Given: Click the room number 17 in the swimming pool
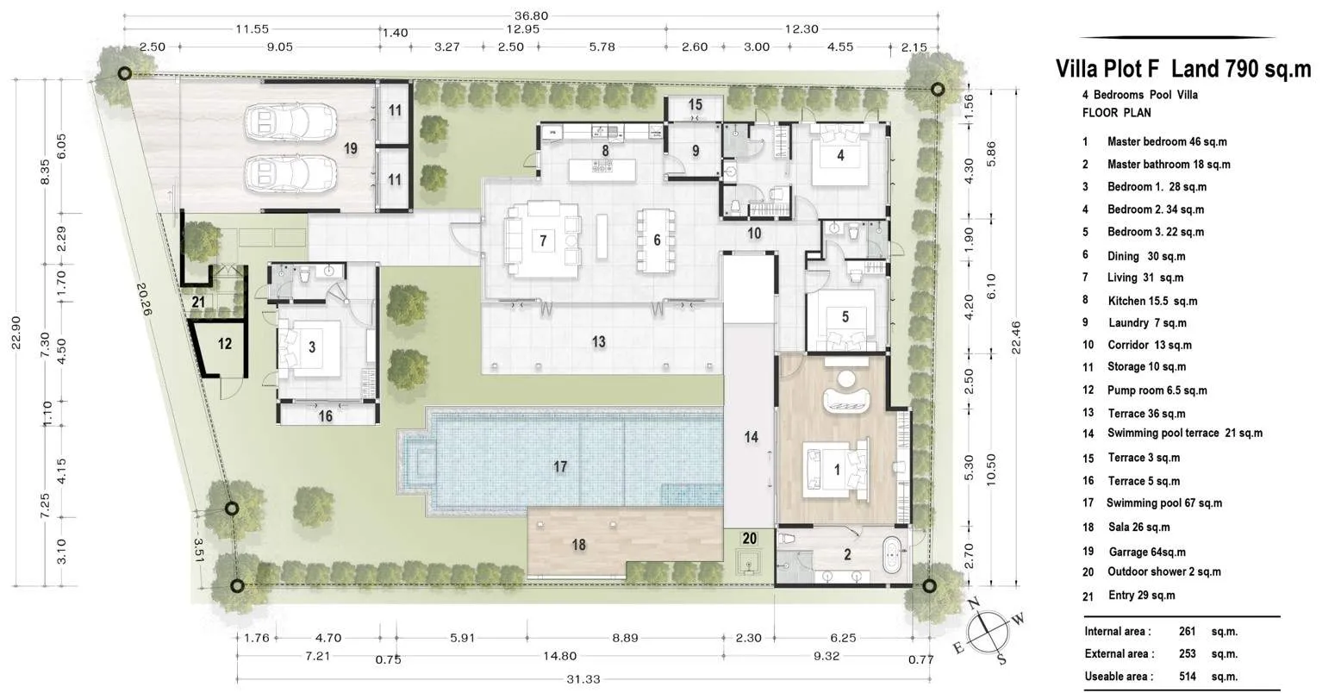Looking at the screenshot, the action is (x=560, y=466).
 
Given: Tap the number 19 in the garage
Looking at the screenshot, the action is (x=351, y=148).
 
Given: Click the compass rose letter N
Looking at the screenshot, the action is (x=974, y=602).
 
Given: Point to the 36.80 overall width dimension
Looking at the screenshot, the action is (x=531, y=16).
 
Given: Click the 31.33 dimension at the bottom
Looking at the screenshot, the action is (x=583, y=679).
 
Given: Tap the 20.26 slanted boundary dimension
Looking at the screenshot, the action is (x=144, y=299).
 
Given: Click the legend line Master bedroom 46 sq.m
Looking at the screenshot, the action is (x=1167, y=142).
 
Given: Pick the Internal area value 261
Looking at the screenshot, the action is (x=1187, y=631).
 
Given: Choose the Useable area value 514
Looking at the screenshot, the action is (x=1187, y=677).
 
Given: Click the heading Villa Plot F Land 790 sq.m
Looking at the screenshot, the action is (x=1183, y=70).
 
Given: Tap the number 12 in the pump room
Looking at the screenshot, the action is (x=224, y=344).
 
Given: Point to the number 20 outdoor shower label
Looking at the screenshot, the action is (x=750, y=539).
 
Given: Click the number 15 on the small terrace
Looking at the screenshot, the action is (x=695, y=105).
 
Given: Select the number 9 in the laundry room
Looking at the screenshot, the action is (x=695, y=150).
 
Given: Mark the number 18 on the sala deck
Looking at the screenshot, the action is (x=578, y=545).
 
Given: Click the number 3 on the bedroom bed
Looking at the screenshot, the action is (x=312, y=346).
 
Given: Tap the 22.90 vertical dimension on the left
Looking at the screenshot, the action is (x=16, y=333).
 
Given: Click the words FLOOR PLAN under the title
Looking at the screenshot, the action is (x=1117, y=113).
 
